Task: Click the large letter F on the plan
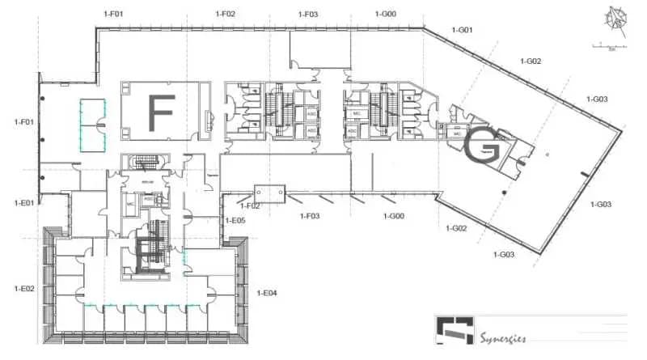161,113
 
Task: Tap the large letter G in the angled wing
484,146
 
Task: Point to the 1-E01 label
24,202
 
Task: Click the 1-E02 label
24,288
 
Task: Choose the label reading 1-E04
267,292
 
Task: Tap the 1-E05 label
235,220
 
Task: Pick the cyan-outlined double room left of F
92,125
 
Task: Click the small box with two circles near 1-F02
269,193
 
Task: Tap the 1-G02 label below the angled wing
457,228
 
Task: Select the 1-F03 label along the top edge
308,14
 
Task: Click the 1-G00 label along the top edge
386,14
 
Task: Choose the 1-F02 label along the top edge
226,13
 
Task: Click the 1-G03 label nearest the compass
597,99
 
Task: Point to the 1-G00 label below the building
393,216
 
